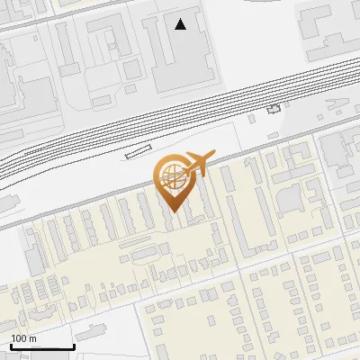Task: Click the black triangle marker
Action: [x=181, y=24]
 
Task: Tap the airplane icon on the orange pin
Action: [x=198, y=164]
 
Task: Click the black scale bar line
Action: [x=41, y=346]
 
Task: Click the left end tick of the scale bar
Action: [x=10, y=345]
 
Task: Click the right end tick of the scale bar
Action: [x=74, y=345]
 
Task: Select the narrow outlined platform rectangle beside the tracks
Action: [x=139, y=151]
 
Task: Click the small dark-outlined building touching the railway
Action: [x=274, y=109]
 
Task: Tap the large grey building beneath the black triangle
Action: [x=184, y=58]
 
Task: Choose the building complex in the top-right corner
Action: [x=328, y=27]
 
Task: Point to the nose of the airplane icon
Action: [x=212, y=154]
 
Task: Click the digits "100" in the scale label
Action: [x=19, y=338]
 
